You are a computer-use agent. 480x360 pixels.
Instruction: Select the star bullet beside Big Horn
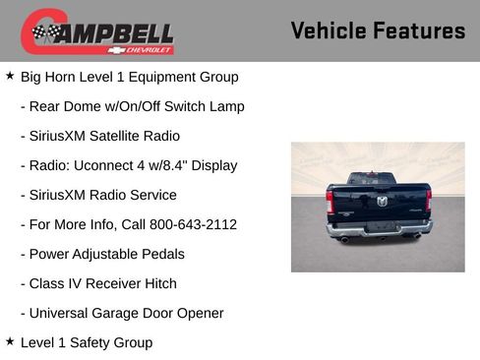(x=10, y=76)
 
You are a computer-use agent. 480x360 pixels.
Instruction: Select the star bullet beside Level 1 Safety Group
(x=10, y=341)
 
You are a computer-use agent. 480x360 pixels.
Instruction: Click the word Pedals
(x=161, y=254)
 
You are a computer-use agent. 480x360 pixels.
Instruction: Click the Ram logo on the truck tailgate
(x=382, y=201)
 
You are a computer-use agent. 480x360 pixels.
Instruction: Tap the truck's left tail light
(x=330, y=201)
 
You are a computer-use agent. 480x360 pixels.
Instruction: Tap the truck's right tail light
(x=430, y=201)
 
